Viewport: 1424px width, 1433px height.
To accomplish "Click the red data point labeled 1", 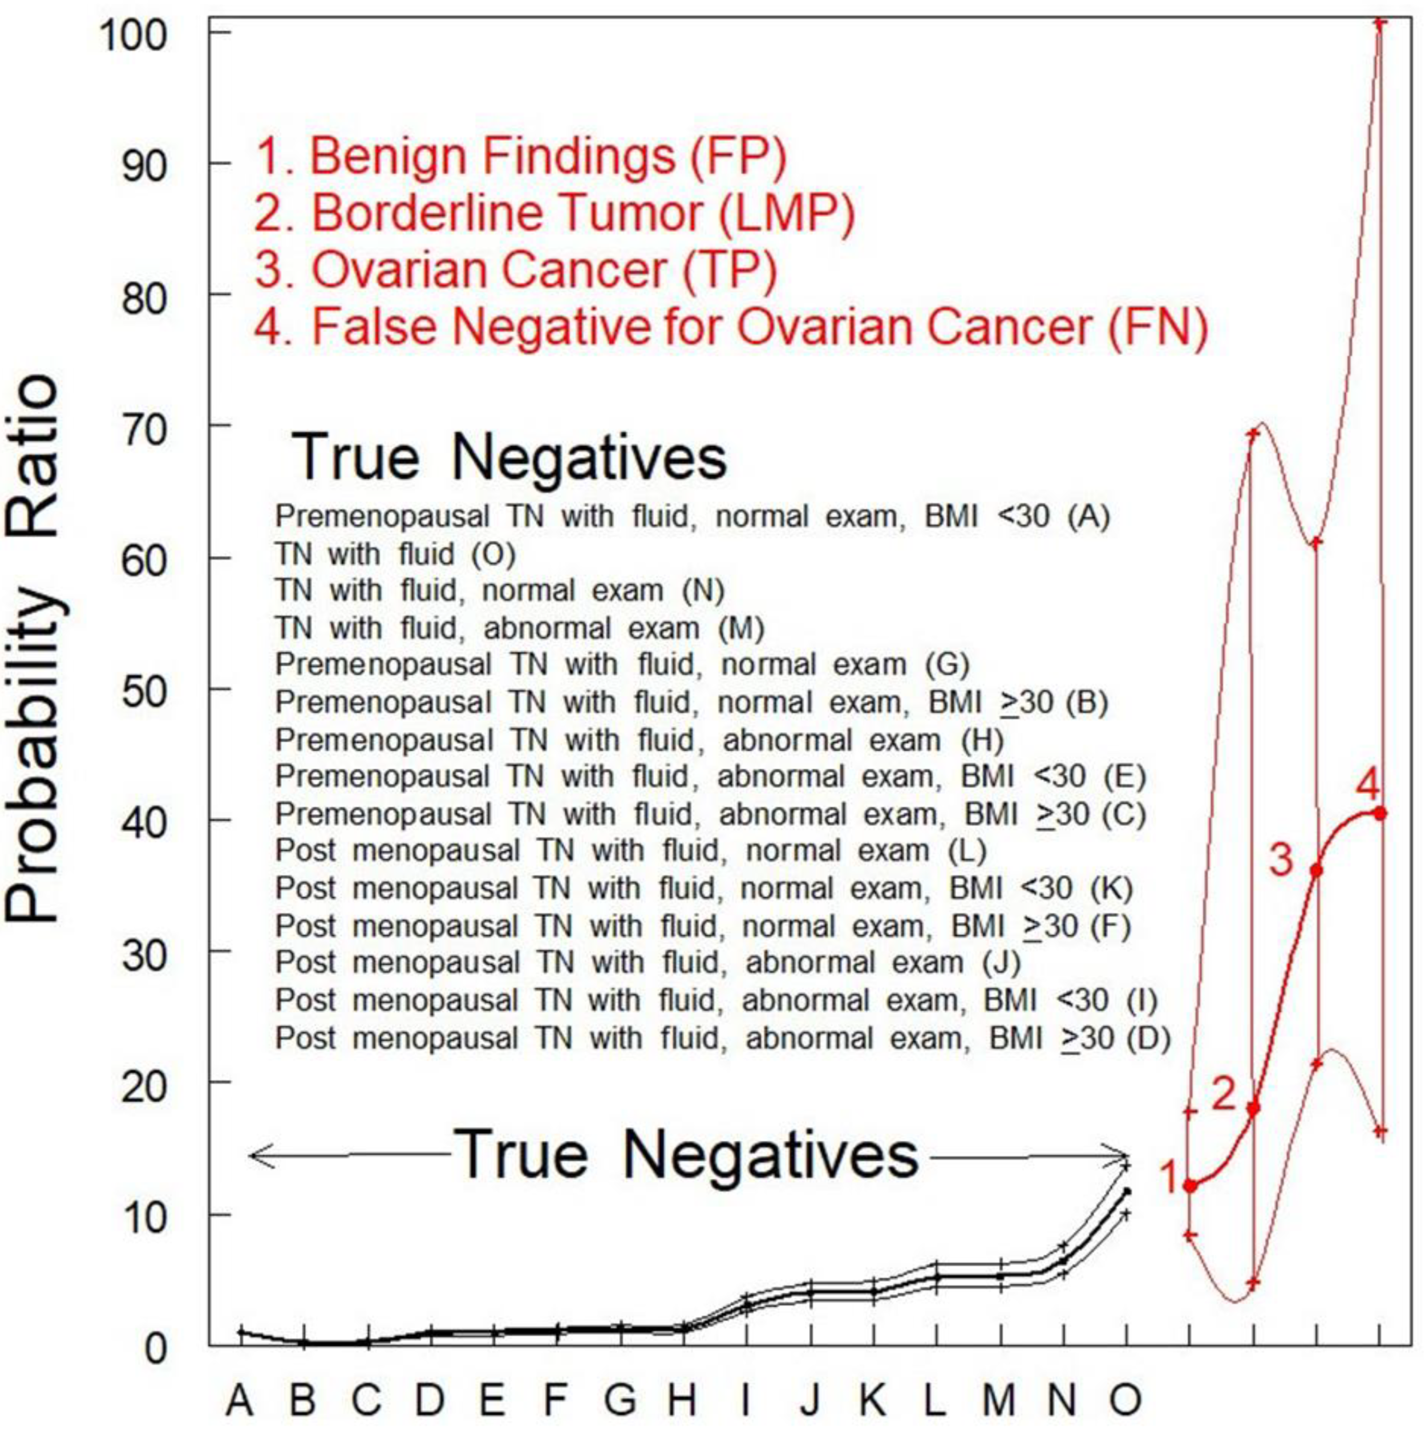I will [1190, 1186].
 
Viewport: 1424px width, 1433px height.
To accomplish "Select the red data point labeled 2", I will [1253, 1108].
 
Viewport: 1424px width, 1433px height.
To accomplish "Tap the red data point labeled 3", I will [1316, 870].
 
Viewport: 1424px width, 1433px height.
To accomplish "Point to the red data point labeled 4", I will [1379, 813].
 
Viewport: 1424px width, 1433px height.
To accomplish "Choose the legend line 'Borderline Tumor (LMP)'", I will [554, 213].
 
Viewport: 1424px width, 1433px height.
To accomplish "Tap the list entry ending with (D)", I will [722, 1038].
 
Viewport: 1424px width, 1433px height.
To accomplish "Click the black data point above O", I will [1127, 1191].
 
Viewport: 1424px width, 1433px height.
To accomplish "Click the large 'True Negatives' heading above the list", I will [510, 458].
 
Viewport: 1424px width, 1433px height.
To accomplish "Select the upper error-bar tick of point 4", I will [1379, 22].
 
